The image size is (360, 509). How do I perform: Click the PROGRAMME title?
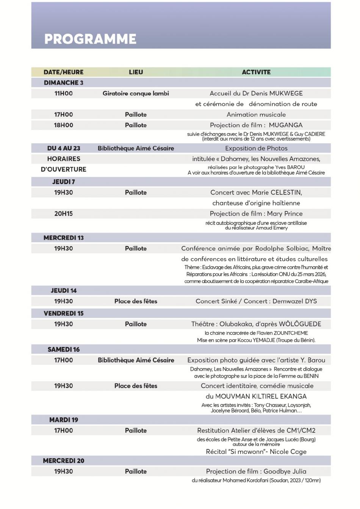point(90,39)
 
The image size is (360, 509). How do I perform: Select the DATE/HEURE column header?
point(63,72)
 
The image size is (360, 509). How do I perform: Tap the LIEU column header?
point(136,72)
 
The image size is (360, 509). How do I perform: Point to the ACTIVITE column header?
point(256,72)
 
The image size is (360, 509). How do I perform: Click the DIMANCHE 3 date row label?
point(63,83)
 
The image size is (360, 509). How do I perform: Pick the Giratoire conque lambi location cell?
point(136,93)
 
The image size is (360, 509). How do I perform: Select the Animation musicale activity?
point(256,114)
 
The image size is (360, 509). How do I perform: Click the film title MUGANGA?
point(286,125)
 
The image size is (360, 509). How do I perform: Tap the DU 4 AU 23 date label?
point(63,148)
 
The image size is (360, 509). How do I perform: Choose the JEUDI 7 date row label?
point(63,182)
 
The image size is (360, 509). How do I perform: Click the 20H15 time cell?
point(63,214)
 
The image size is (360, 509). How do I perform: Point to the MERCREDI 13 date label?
point(63,238)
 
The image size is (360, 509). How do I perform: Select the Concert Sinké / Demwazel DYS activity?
point(256,301)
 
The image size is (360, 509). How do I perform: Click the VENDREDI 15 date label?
point(63,313)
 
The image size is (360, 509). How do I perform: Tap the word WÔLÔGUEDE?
point(300,324)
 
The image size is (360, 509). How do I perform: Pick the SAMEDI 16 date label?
point(63,349)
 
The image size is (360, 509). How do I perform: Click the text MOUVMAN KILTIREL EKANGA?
point(261,396)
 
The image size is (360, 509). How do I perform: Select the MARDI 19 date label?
point(63,420)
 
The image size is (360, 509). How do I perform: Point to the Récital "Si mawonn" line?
point(256,452)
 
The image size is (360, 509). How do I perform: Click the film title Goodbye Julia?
point(285,471)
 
